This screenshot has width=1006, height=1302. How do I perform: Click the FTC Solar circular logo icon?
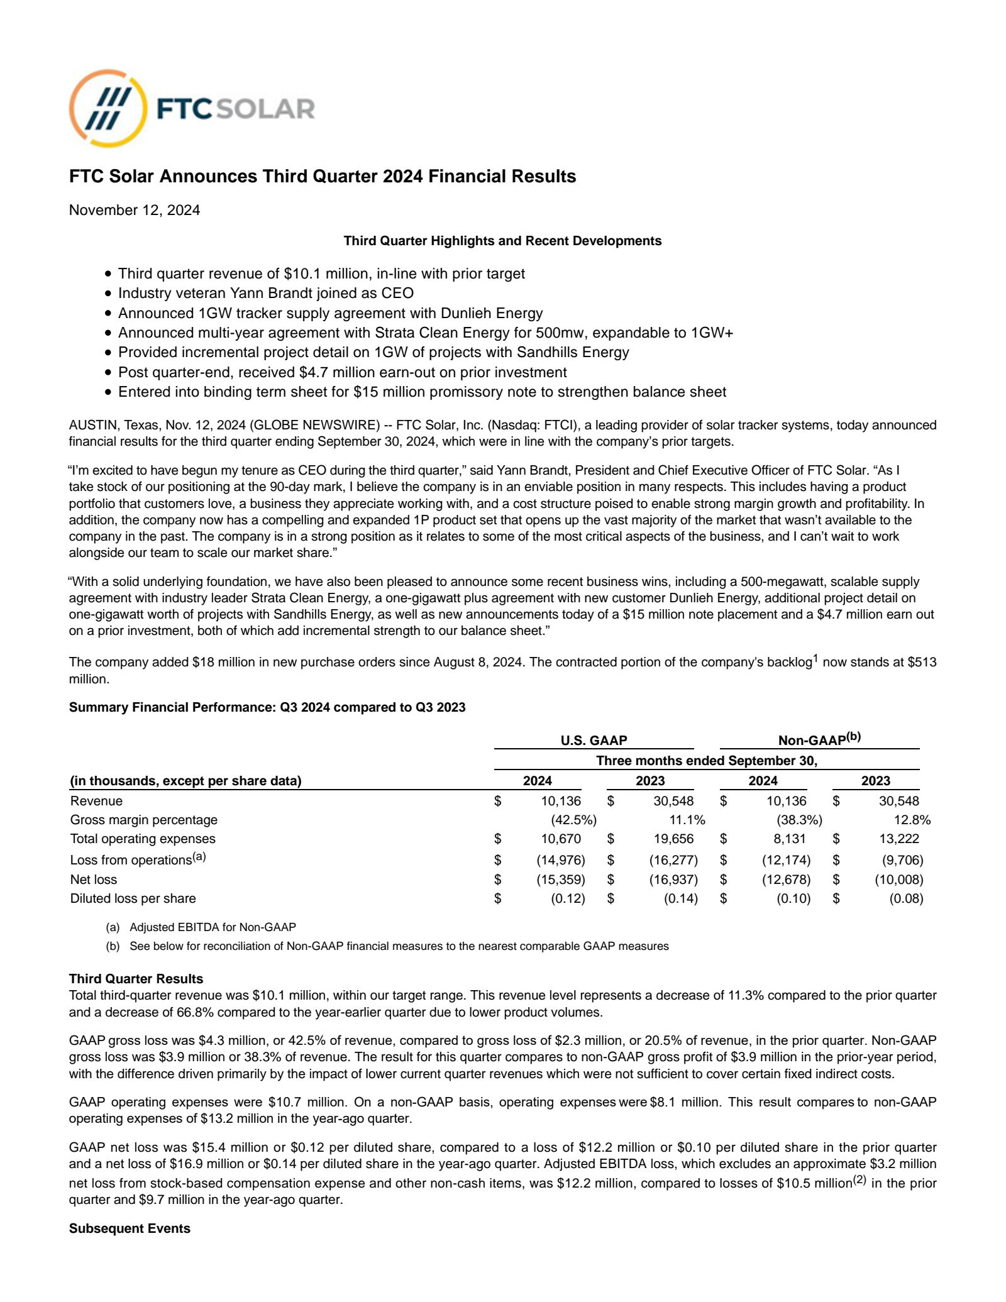click(x=108, y=109)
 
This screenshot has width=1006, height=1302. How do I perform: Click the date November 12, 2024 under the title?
click(x=135, y=210)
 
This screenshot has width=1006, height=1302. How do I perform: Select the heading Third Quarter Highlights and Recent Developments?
click(x=502, y=241)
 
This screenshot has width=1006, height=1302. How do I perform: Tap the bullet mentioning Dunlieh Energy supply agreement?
click(x=330, y=313)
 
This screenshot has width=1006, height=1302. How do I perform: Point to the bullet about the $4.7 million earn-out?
click(x=342, y=372)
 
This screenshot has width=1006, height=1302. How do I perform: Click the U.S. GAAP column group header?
click(x=594, y=741)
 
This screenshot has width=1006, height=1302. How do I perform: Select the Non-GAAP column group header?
click(x=819, y=739)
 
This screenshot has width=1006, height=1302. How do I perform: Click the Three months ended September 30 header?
click(x=706, y=761)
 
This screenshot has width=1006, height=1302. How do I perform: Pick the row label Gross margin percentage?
click(x=144, y=820)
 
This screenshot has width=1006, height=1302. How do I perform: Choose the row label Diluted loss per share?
click(x=133, y=898)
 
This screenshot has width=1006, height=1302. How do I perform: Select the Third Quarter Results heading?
click(x=136, y=979)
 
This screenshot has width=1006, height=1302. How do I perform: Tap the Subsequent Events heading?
click(x=130, y=1228)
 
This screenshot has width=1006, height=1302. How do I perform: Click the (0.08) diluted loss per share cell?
click(x=905, y=898)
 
